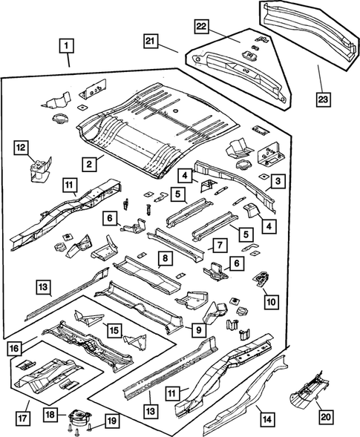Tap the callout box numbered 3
[276, 181]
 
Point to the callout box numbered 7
[220, 246]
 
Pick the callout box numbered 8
[165, 259]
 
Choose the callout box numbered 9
[200, 329]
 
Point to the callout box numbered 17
[22, 406]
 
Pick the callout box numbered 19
[111, 421]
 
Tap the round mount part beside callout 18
[77, 418]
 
